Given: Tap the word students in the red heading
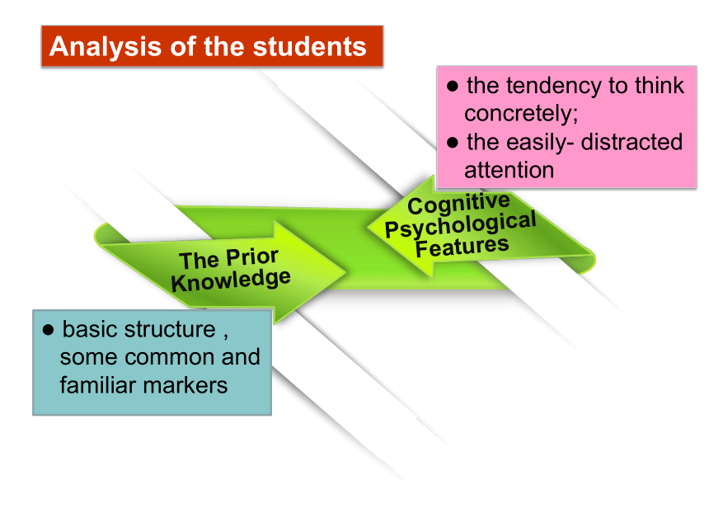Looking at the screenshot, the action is pos(309,46).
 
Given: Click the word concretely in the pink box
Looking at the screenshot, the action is pos(519,113).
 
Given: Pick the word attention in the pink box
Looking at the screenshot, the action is pos(509,171).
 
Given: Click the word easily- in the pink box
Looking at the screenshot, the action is pos(540,143).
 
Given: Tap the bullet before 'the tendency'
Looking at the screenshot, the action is pos(453,86).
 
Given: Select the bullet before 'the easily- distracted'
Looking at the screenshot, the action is pos(453,143).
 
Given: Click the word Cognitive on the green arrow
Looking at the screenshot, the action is pos(458,205).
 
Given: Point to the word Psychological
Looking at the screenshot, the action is pos(460,224).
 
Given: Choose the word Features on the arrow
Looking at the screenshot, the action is pos(462,247).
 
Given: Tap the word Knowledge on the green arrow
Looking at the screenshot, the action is pos(231,280).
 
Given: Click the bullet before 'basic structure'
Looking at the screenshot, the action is pos(48,329).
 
